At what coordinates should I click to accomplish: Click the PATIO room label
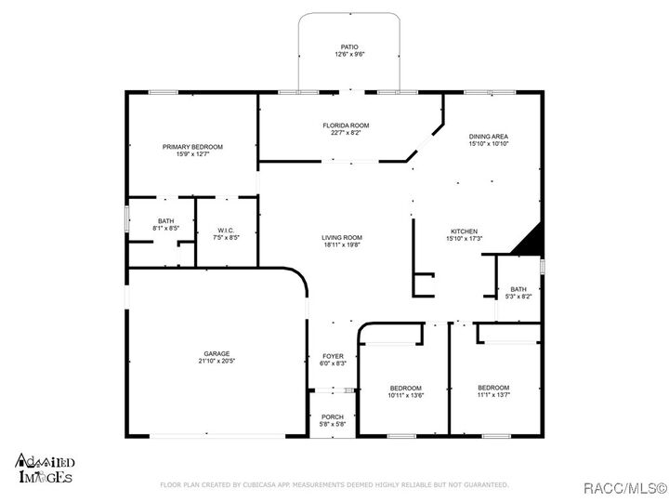pyautogui.click(x=348, y=46)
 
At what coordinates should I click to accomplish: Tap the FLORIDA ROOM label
pyautogui.click(x=346, y=125)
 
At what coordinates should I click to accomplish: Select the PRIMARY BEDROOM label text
pyautogui.click(x=192, y=147)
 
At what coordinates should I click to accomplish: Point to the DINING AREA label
pyautogui.click(x=488, y=137)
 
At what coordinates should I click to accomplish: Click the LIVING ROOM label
pyautogui.click(x=341, y=238)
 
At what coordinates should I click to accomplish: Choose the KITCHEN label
pyautogui.click(x=464, y=231)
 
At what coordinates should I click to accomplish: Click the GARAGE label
pyautogui.click(x=216, y=353)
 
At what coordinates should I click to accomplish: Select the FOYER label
pyautogui.click(x=333, y=356)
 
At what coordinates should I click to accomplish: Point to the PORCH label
pyautogui.click(x=333, y=416)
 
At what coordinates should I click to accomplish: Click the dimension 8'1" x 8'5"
pyautogui.click(x=165, y=228)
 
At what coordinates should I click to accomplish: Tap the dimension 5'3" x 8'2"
pyautogui.click(x=518, y=297)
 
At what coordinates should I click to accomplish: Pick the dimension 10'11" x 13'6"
pyautogui.click(x=405, y=395)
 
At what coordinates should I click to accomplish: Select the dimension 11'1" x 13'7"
pyautogui.click(x=493, y=395)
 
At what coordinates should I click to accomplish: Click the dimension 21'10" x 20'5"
pyautogui.click(x=216, y=361)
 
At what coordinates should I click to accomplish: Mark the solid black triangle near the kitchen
pyautogui.click(x=529, y=241)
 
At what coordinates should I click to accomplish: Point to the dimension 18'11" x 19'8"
pyautogui.click(x=341, y=245)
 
